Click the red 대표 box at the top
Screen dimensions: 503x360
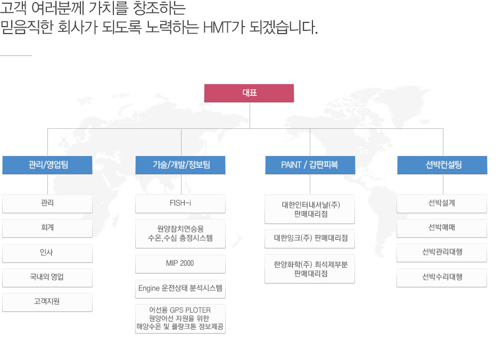click(249, 93)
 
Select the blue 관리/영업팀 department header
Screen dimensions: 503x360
click(47, 165)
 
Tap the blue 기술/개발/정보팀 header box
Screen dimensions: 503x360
click(180, 165)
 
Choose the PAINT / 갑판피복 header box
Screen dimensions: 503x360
click(310, 165)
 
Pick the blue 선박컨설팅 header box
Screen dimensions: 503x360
click(442, 165)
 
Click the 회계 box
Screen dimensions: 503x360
click(47, 228)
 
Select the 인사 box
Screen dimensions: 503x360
click(47, 253)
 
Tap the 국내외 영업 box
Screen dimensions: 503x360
click(47, 277)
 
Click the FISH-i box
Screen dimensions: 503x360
click(180, 203)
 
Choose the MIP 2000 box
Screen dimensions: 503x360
click(180, 264)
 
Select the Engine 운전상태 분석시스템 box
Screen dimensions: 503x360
click(180, 289)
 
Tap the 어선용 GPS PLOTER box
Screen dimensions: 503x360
click(180, 318)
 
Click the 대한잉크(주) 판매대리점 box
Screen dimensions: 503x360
click(310, 239)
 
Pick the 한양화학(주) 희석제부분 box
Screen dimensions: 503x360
click(310, 269)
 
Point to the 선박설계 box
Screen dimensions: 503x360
click(442, 203)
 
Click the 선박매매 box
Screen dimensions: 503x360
click(442, 228)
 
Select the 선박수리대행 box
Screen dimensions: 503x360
click(442, 277)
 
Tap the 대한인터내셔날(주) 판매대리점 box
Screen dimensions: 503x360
click(310, 209)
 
